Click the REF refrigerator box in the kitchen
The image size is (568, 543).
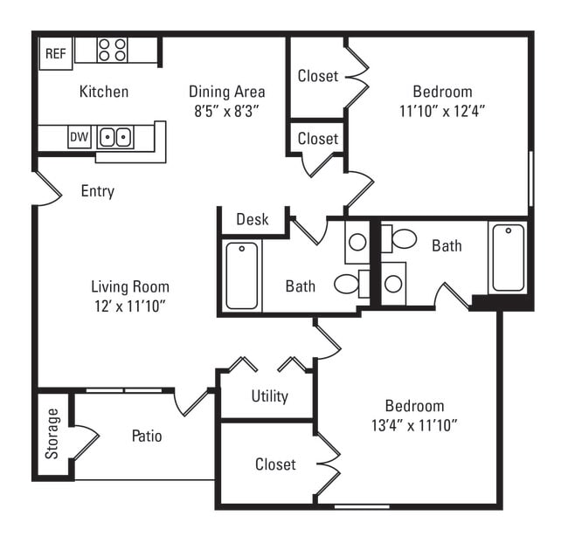56,53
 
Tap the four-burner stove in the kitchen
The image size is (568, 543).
112,50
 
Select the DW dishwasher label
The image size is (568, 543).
79,137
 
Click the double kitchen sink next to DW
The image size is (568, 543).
114,137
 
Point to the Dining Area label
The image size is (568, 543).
226,92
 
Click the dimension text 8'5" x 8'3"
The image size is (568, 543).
226,111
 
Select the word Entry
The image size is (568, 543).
97,191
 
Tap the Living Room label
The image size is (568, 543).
130,286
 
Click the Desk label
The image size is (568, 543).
253,219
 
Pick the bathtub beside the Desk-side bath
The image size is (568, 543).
242,276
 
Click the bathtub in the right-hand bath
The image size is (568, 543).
508,258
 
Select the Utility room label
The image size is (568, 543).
269,396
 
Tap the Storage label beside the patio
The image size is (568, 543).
53,433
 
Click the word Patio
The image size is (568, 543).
147,436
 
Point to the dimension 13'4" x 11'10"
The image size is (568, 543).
415,425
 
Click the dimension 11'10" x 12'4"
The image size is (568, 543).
442,111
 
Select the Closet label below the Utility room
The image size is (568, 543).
275,464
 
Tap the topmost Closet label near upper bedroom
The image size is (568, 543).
317,76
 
